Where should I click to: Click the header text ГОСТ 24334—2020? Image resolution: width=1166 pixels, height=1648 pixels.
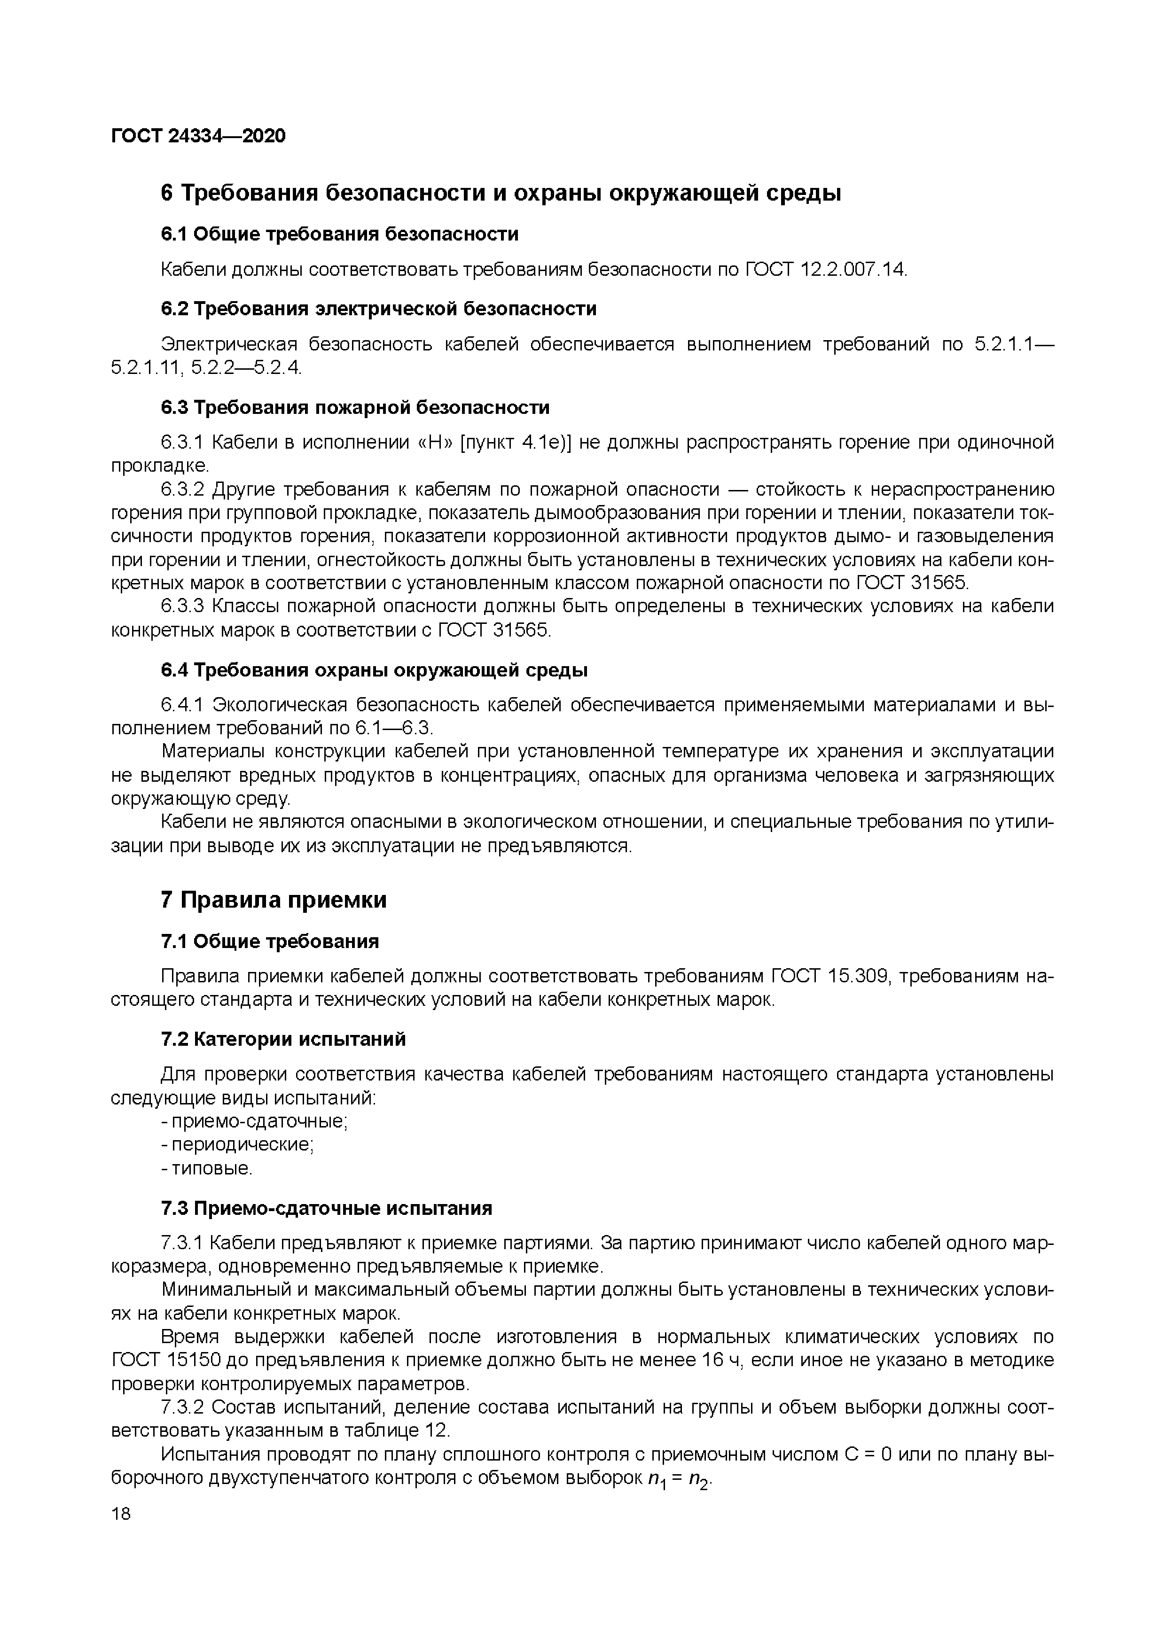(x=198, y=136)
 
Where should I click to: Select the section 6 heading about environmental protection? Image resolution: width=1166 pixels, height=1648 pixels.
(x=501, y=193)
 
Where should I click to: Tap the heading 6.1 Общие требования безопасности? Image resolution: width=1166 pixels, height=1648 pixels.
(x=339, y=234)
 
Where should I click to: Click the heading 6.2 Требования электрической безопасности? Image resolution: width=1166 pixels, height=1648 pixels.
(x=378, y=309)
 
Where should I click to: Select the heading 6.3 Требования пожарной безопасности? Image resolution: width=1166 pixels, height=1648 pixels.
(x=355, y=408)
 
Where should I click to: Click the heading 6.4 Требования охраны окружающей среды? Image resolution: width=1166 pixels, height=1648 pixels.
(x=374, y=670)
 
